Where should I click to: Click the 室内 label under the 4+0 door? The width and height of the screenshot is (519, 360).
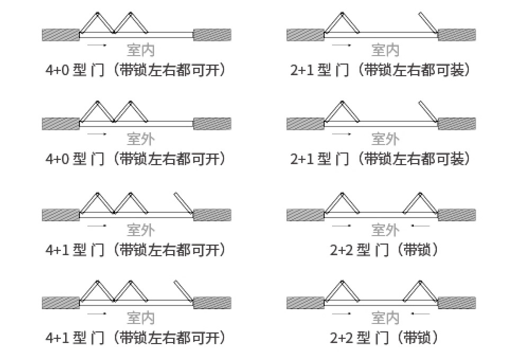pos(141,50)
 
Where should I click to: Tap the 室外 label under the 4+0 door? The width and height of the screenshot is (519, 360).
pos(141,139)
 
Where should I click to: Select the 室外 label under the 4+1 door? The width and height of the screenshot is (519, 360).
pos(141,230)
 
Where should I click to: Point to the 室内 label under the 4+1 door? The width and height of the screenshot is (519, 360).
pos(141,318)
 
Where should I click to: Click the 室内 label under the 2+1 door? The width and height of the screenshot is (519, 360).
pos(386,50)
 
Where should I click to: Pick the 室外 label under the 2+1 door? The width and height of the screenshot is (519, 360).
pos(386,139)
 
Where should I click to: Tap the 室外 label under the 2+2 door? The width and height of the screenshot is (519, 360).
pos(386,230)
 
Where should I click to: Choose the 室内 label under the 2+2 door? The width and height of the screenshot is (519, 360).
pos(386,318)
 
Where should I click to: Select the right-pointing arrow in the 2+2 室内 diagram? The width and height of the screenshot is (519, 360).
pos(342,314)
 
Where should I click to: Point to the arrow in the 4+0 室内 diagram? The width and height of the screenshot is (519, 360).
pos(97,46)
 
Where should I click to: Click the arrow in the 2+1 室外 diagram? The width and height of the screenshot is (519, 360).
pos(342,134)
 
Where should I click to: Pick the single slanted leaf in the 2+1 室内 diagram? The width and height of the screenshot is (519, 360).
pos(428,23)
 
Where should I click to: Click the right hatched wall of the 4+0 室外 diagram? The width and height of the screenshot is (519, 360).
pos(212,124)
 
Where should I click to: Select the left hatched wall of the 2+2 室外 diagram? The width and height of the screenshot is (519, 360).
pos(305,215)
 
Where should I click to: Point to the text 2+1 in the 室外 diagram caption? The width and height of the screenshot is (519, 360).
pos(302,159)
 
